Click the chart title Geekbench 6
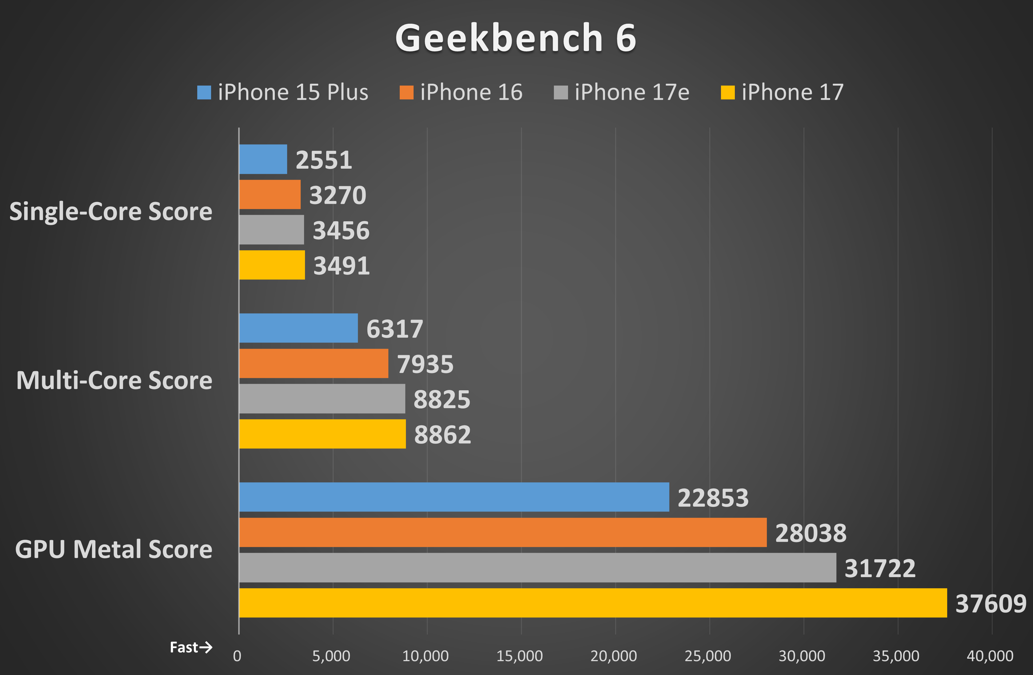tap(516, 38)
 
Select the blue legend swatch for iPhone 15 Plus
tap(204, 92)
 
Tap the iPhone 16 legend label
tap(471, 92)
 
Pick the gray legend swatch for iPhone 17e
tap(560, 92)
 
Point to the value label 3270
tap(338, 195)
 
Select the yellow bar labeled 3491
tap(272, 265)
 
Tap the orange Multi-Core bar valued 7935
tap(313, 363)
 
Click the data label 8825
tap(441, 399)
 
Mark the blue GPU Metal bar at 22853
tap(454, 497)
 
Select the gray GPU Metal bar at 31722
tap(537, 567)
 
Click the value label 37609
tap(991, 603)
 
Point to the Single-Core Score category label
tap(111, 211)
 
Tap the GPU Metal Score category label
tap(114, 549)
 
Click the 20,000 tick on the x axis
tap(613, 656)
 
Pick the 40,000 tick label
tap(990, 656)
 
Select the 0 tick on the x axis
tap(237, 656)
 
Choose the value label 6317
tap(394, 329)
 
